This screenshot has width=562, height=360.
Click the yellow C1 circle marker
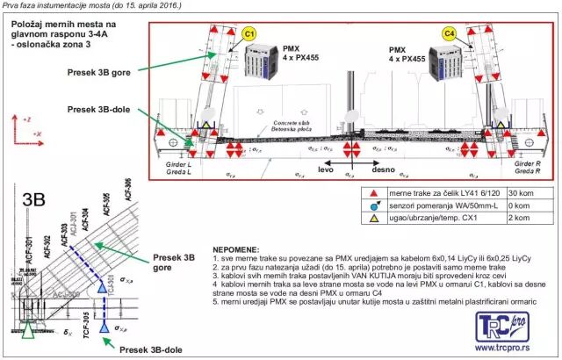[x=249, y=34]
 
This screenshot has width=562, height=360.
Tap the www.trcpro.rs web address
[x=510, y=348]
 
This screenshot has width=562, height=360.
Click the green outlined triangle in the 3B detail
[x=29, y=331]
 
